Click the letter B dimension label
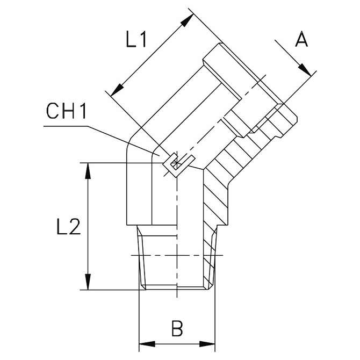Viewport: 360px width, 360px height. coord(177,327)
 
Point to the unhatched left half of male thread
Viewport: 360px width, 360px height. coord(156,258)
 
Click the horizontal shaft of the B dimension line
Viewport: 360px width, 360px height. coord(177,343)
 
